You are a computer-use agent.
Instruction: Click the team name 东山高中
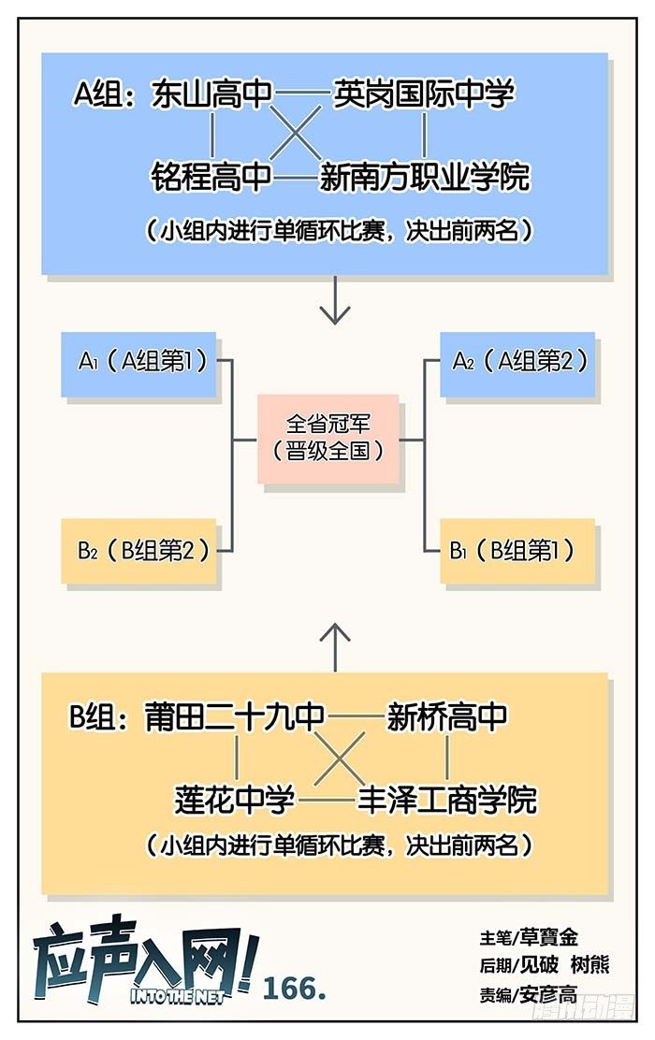click(x=211, y=94)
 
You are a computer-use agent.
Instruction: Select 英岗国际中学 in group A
click(x=424, y=94)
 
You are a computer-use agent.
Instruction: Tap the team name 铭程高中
click(x=211, y=176)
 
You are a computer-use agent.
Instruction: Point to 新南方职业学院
click(x=425, y=176)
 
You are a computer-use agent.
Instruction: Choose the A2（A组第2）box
click(x=513, y=363)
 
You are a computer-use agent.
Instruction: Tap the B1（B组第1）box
click(x=513, y=550)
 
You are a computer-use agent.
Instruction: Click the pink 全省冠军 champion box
click(x=328, y=439)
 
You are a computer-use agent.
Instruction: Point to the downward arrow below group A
click(x=334, y=301)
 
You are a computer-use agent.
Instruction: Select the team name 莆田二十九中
click(x=235, y=716)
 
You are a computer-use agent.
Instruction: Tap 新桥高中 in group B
click(x=447, y=716)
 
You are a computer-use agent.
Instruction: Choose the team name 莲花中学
click(x=235, y=800)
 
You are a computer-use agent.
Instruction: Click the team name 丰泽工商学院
click(x=447, y=800)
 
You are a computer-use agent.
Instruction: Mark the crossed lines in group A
click(x=298, y=136)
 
